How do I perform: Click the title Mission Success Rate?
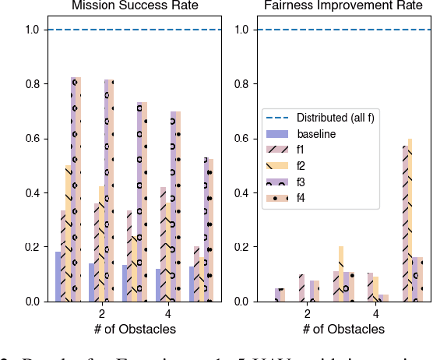tap(135, 7)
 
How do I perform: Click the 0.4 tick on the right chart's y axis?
tap(240, 193)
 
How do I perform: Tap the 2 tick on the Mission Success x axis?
tap(102, 314)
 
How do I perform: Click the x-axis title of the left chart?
tap(135, 329)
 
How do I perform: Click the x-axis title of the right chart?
tap(343, 329)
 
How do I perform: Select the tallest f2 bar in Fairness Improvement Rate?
tap(410, 220)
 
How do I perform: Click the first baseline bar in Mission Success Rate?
tap(58, 277)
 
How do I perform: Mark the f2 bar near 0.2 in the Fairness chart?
tap(341, 274)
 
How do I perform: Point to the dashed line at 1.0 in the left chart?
tap(135, 30)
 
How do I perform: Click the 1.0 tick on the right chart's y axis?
tap(240, 30)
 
